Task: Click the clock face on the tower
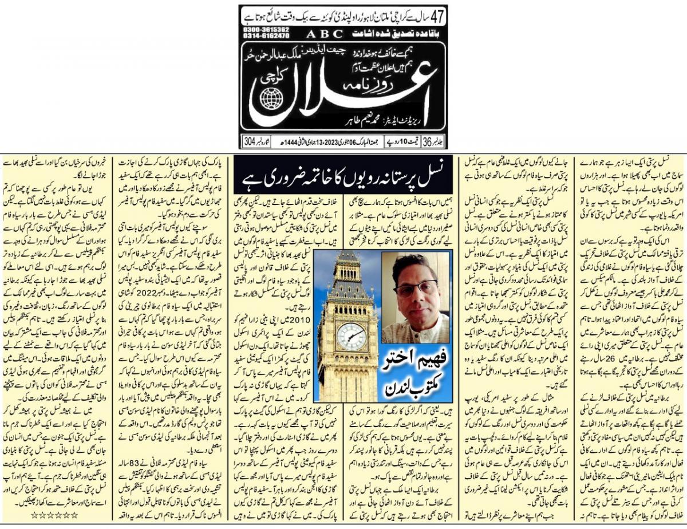352,336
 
